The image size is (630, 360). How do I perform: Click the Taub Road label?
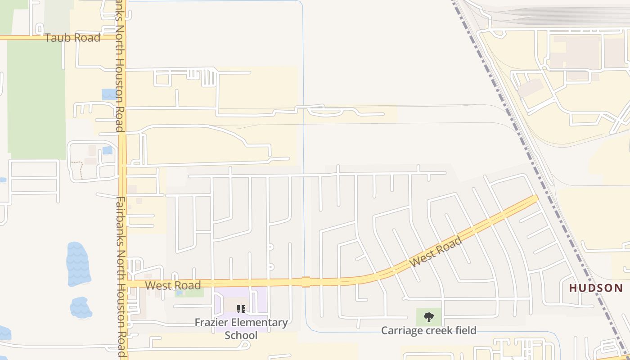click(72, 38)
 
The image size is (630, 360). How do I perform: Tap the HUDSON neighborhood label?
click(596, 288)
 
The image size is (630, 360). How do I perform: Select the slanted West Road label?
click(436, 252)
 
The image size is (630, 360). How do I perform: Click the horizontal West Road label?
click(173, 285)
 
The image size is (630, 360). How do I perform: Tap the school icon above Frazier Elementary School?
click(241, 309)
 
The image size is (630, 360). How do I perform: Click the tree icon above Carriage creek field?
click(428, 317)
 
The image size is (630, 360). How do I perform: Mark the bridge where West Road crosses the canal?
click(306, 282)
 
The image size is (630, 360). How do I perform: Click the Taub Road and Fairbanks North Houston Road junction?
click(122, 38)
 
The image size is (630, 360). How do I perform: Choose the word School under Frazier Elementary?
click(241, 335)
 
